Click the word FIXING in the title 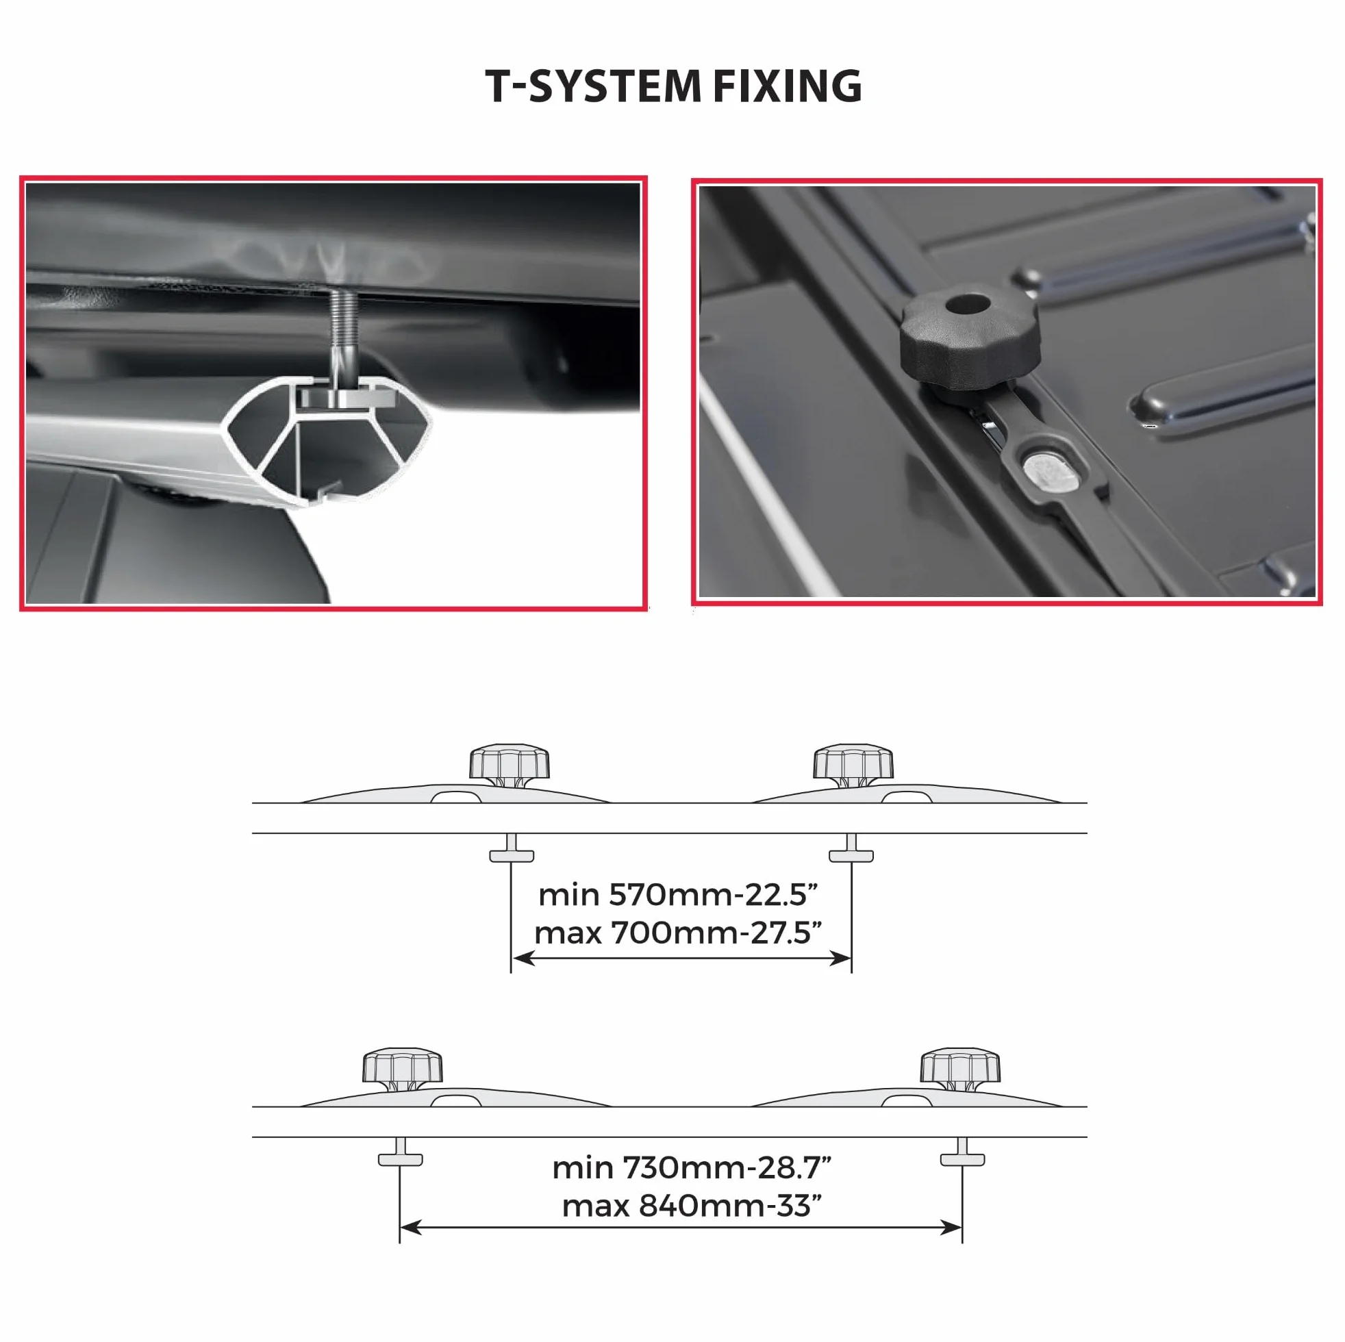click(x=788, y=86)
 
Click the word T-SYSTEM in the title click(x=593, y=86)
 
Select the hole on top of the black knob click(x=968, y=304)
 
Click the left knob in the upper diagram click(x=509, y=765)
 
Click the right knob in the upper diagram click(x=853, y=765)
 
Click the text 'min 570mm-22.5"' click(x=678, y=895)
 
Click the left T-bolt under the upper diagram click(x=512, y=848)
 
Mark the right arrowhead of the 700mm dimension click(x=840, y=959)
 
